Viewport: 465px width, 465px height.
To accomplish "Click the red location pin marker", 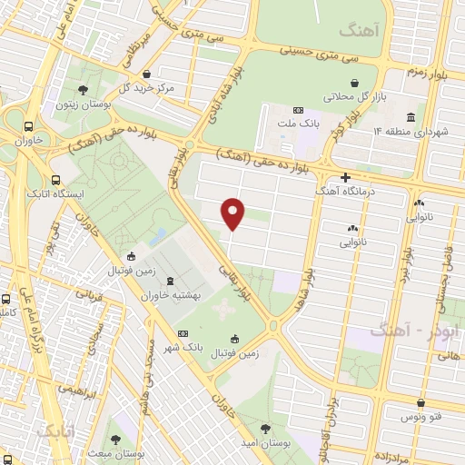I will pos(233,213).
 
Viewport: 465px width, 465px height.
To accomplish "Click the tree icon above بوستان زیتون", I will pos(84,90).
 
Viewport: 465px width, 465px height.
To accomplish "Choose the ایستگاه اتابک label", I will pos(83,193).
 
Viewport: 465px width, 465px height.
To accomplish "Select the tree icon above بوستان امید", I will pos(264,427).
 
